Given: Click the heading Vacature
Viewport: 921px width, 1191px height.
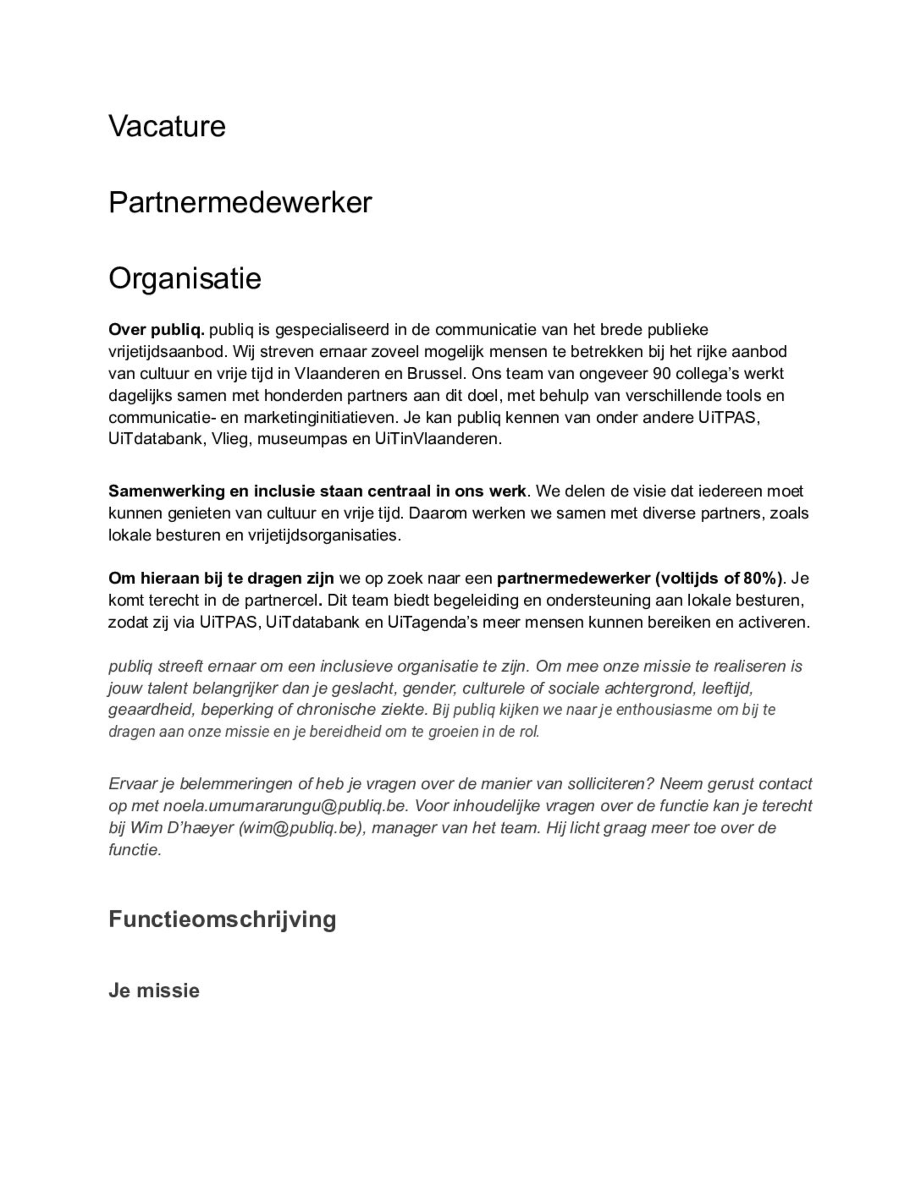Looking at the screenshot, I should [167, 126].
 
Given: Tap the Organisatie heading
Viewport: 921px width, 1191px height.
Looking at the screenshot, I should [185, 279].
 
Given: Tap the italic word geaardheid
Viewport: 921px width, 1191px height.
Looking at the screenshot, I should [151, 709].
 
